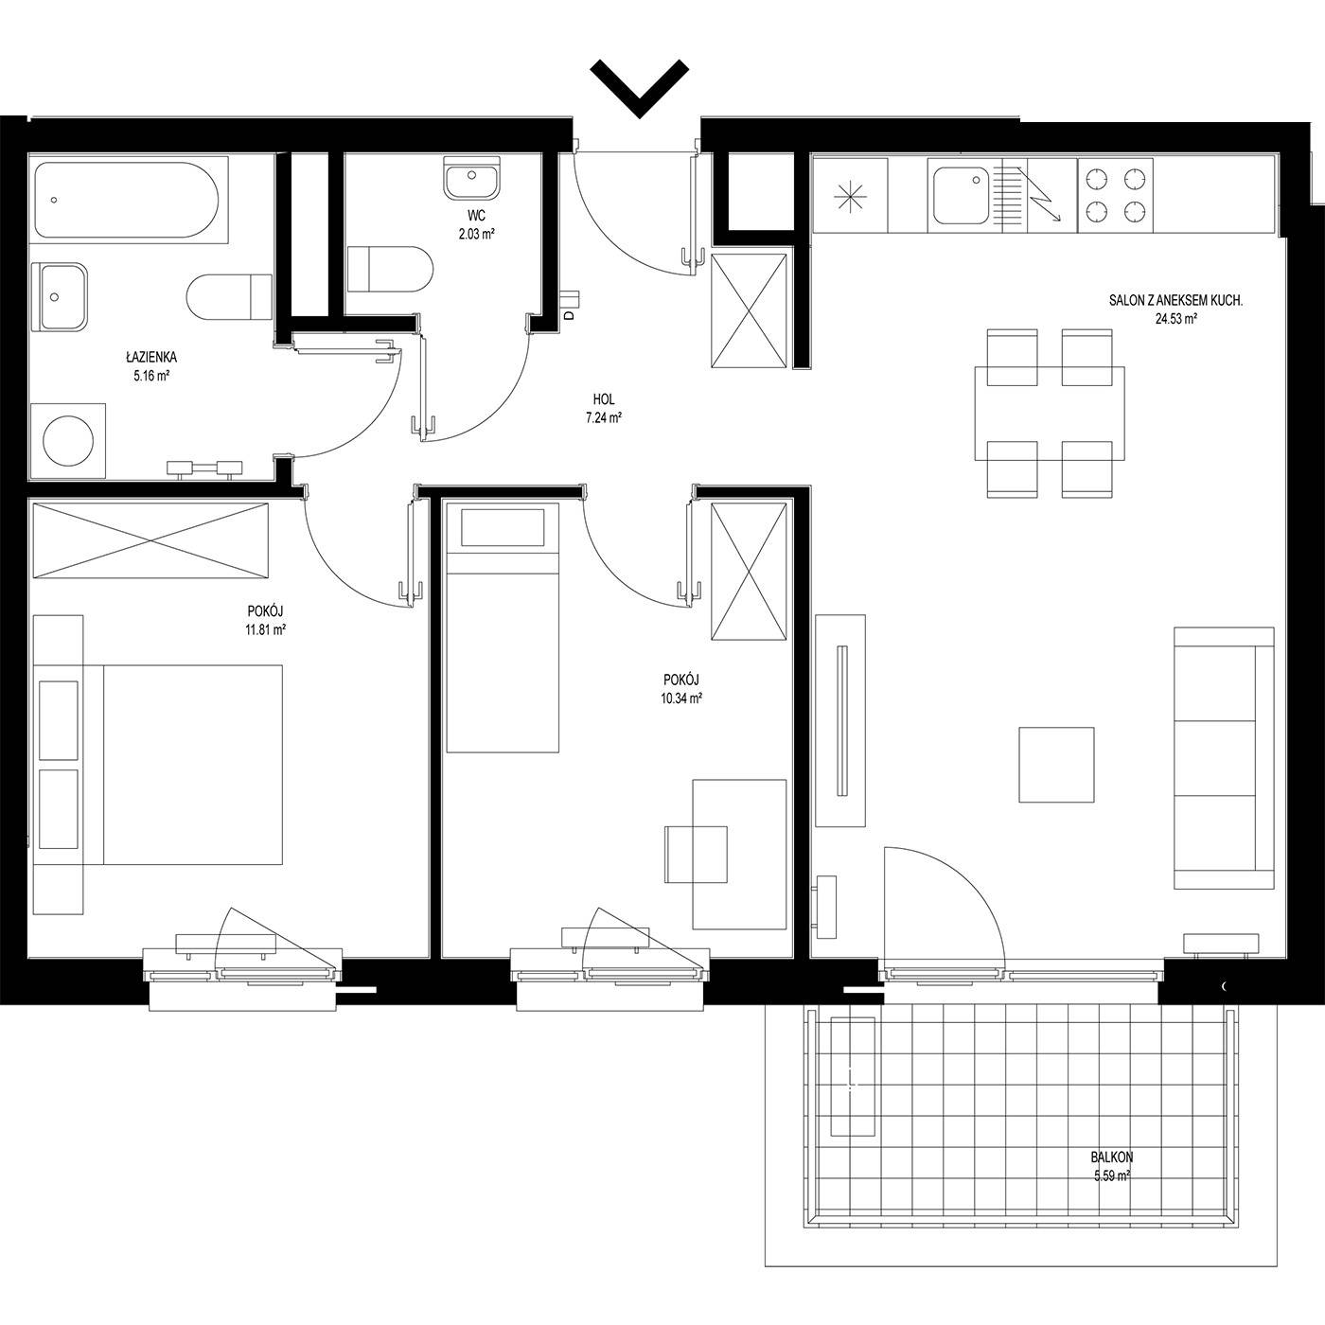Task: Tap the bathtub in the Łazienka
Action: (x=128, y=200)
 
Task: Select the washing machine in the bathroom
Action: (x=68, y=441)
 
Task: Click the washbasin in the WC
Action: (x=471, y=178)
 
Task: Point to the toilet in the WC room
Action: (x=390, y=270)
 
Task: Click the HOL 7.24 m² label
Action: (x=603, y=409)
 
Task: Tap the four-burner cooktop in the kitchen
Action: (x=1115, y=195)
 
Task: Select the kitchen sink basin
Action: (x=961, y=195)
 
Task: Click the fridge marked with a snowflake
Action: (x=851, y=195)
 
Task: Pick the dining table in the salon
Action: (x=1050, y=414)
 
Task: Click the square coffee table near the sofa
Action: (x=1056, y=765)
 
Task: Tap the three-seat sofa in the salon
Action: (x=1224, y=758)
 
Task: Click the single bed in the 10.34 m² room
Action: (x=503, y=627)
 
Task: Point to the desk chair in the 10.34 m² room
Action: (x=696, y=854)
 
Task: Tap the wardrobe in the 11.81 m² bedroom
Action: (x=150, y=540)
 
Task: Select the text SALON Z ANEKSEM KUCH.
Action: (x=1175, y=300)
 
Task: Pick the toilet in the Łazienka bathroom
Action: (x=229, y=297)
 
